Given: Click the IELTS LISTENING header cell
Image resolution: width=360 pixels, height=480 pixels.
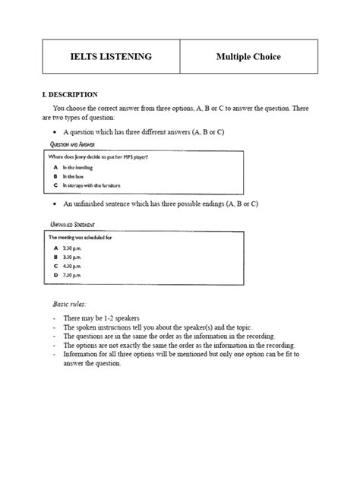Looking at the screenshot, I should (112, 56).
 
